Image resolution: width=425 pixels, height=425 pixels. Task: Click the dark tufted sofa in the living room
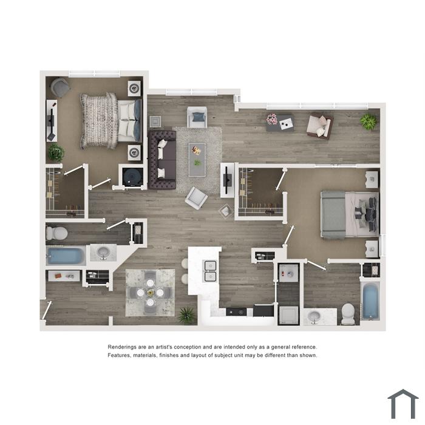click(x=162, y=160)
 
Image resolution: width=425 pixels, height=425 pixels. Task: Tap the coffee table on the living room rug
click(x=197, y=160)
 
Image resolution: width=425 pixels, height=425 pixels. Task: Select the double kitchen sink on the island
click(x=210, y=271)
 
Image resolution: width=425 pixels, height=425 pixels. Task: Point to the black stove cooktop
click(x=236, y=312)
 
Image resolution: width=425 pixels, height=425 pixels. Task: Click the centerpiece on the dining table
click(x=150, y=293)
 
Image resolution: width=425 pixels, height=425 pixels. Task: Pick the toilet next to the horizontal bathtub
click(x=56, y=233)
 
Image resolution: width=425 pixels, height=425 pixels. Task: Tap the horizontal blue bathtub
click(x=66, y=256)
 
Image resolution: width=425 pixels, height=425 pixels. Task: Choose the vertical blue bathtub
click(x=370, y=301)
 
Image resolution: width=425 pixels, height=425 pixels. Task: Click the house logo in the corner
click(x=403, y=404)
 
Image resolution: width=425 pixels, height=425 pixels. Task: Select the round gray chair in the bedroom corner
click(x=60, y=87)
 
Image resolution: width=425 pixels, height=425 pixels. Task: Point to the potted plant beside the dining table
click(x=187, y=315)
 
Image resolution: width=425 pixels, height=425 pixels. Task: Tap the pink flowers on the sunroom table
click(x=271, y=119)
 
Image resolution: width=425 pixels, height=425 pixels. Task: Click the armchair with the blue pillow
click(x=197, y=117)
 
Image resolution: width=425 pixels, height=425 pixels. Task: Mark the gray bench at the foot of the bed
click(x=333, y=214)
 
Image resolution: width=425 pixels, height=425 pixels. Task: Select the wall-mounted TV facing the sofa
click(x=227, y=180)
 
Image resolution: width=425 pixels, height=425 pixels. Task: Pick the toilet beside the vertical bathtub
click(x=348, y=314)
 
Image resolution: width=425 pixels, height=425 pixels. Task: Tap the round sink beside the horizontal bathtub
click(x=103, y=253)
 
